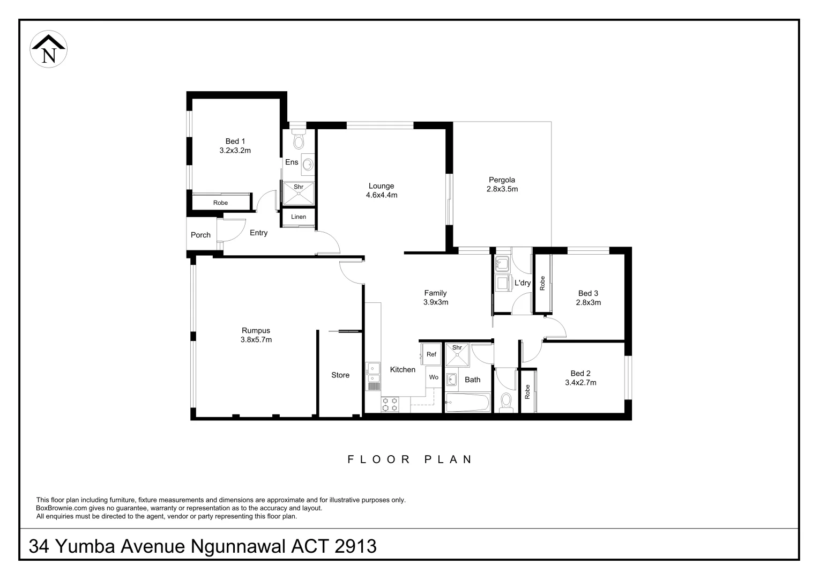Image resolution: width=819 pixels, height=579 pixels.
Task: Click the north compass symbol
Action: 48,50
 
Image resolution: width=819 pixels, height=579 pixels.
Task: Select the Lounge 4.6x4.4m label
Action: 381,191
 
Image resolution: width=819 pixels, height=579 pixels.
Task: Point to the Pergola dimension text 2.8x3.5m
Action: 502,189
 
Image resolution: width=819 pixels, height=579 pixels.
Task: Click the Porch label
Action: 200,235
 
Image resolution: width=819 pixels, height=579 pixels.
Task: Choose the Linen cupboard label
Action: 299,217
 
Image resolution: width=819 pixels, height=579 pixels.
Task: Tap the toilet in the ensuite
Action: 299,140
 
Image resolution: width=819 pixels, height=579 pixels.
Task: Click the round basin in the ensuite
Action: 308,164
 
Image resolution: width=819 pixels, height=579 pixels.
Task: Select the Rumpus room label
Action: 256,331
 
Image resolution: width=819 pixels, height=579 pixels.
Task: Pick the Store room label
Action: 340,375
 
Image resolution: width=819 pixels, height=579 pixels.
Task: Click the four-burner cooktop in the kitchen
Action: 390,404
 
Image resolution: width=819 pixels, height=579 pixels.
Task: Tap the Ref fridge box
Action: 431,354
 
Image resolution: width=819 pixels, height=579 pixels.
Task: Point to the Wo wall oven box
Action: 434,377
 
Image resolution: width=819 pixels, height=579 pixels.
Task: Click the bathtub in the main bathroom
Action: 467,403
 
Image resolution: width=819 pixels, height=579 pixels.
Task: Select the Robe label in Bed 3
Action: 542,283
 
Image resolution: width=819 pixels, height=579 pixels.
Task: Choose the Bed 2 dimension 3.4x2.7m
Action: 580,383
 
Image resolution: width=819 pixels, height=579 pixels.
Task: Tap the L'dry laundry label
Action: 522,283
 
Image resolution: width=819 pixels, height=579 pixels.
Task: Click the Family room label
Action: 435,293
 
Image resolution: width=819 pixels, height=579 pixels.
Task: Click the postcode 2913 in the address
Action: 355,546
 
